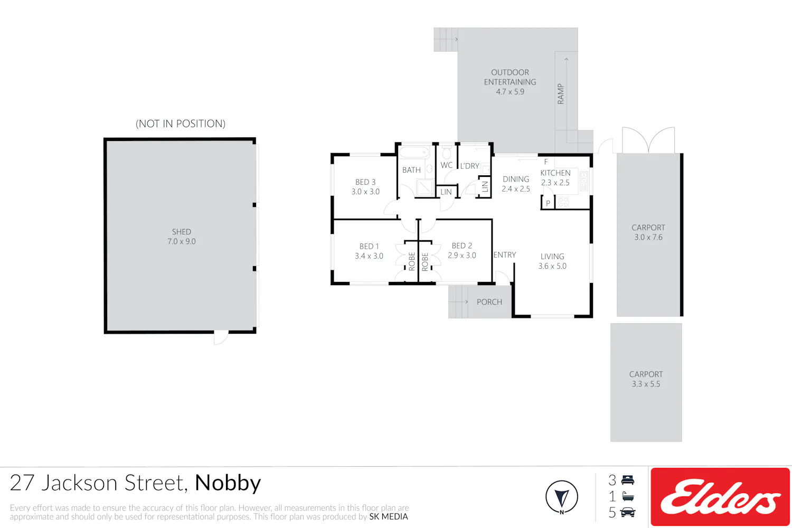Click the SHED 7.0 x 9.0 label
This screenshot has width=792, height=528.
(x=182, y=237)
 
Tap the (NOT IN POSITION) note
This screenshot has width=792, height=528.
(x=181, y=124)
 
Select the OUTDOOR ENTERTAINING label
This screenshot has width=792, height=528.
(x=510, y=77)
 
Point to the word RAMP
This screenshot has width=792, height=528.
(x=560, y=94)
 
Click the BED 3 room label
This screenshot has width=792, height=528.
(x=365, y=187)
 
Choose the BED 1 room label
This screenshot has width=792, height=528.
(x=369, y=251)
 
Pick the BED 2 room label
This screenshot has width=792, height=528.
(x=462, y=250)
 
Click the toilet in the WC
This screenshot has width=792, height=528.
(x=447, y=153)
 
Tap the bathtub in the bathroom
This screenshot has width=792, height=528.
(x=414, y=153)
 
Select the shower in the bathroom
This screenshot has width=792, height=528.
(x=425, y=187)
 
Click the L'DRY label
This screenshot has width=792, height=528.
(x=469, y=166)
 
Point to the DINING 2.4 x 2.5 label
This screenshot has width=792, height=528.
(x=516, y=184)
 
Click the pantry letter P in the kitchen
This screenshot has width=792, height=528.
(x=548, y=203)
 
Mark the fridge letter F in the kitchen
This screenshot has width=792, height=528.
(x=546, y=162)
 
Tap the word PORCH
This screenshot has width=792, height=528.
(x=489, y=302)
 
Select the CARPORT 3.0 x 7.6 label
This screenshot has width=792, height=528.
(x=648, y=232)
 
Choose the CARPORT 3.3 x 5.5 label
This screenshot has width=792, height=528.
(x=646, y=379)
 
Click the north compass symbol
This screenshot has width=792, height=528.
(x=562, y=497)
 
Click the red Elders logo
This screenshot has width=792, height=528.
(x=720, y=496)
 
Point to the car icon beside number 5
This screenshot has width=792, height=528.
(x=628, y=512)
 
